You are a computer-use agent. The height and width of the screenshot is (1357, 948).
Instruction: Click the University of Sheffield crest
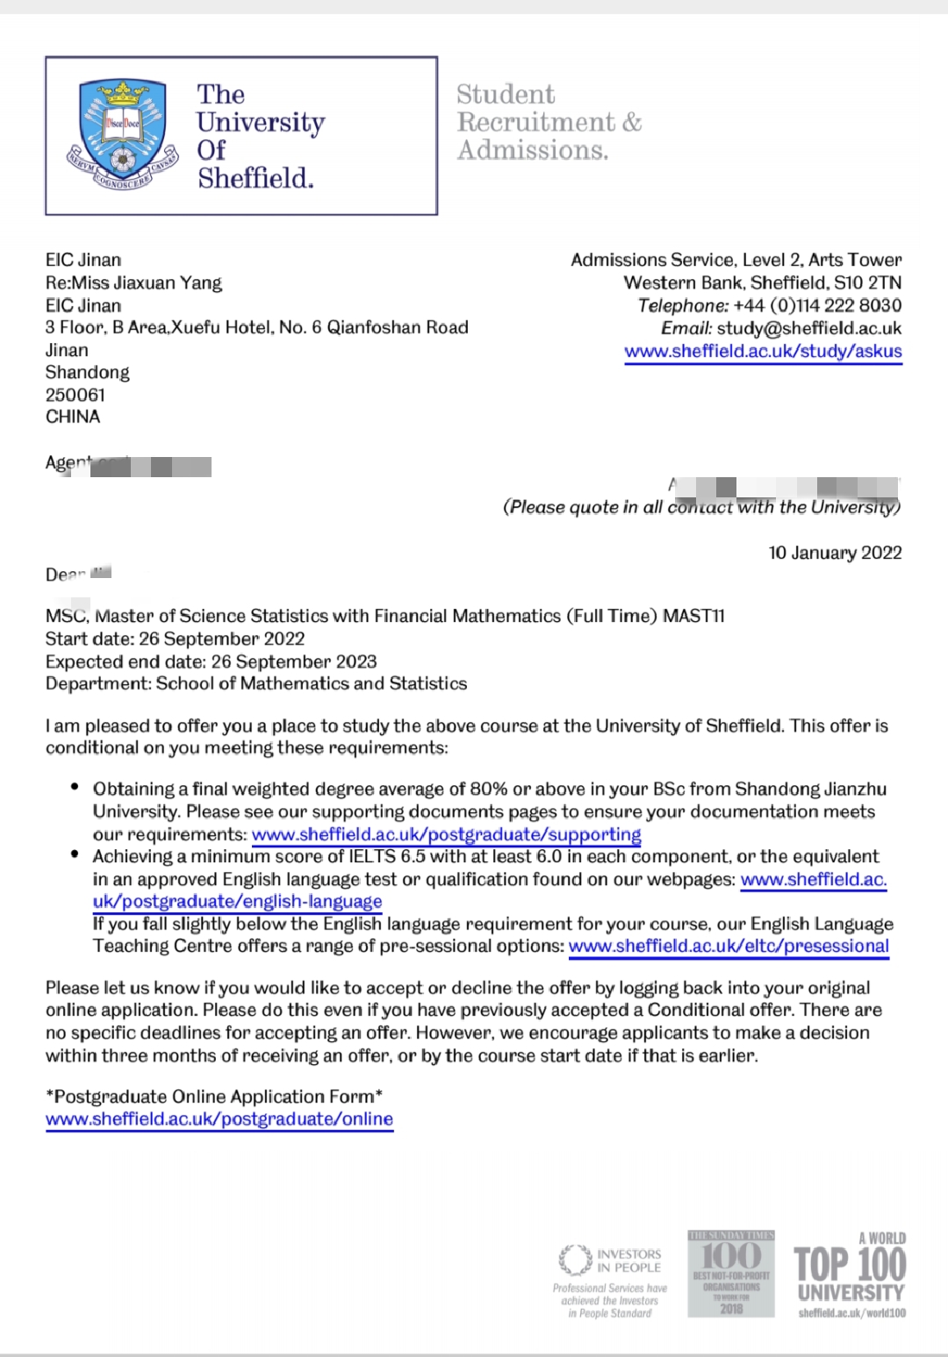pyautogui.click(x=122, y=135)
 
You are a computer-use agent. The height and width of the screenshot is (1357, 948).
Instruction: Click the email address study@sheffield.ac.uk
pyautogui.click(x=808, y=328)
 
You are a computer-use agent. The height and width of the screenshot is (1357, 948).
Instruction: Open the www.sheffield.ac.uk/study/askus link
pyautogui.click(x=763, y=351)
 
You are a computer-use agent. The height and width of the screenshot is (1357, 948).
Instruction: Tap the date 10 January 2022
pyautogui.click(x=835, y=553)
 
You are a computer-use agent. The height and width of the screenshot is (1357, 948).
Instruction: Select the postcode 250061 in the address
pyautogui.click(x=75, y=395)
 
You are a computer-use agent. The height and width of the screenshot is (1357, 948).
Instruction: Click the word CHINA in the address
pyautogui.click(x=73, y=417)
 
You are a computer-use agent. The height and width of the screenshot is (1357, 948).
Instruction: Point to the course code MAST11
pyautogui.click(x=693, y=616)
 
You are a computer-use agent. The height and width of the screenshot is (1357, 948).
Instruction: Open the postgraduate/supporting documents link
pyautogui.click(x=446, y=834)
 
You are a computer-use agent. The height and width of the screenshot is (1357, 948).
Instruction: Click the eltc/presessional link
pyautogui.click(x=729, y=946)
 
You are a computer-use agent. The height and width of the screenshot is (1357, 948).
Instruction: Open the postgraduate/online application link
pyautogui.click(x=219, y=1119)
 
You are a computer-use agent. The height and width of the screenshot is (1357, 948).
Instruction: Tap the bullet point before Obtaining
pyautogui.click(x=75, y=788)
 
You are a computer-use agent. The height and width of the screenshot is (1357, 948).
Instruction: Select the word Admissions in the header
pyautogui.click(x=532, y=150)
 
